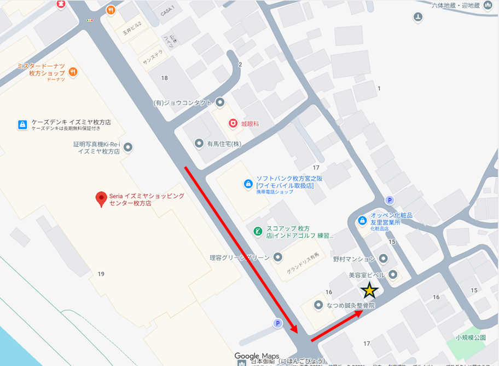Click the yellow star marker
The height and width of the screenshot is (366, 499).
370,290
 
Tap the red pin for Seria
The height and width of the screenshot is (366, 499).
101,199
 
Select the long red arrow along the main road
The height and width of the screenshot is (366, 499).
241,249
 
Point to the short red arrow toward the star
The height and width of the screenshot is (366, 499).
336,326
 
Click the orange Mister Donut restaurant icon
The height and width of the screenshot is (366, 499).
73,72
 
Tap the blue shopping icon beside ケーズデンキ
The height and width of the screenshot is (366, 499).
22,124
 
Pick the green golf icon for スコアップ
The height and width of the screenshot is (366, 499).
257,232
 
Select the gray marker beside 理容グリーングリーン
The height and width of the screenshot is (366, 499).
278,257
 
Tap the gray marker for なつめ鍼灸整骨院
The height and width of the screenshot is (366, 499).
318,305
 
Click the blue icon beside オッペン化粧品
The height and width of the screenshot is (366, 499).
362,220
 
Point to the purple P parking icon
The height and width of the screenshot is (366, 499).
390,200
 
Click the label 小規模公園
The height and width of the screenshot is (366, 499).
471,338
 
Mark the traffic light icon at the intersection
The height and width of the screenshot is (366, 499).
90,20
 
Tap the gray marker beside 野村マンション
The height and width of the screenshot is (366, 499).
383,258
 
